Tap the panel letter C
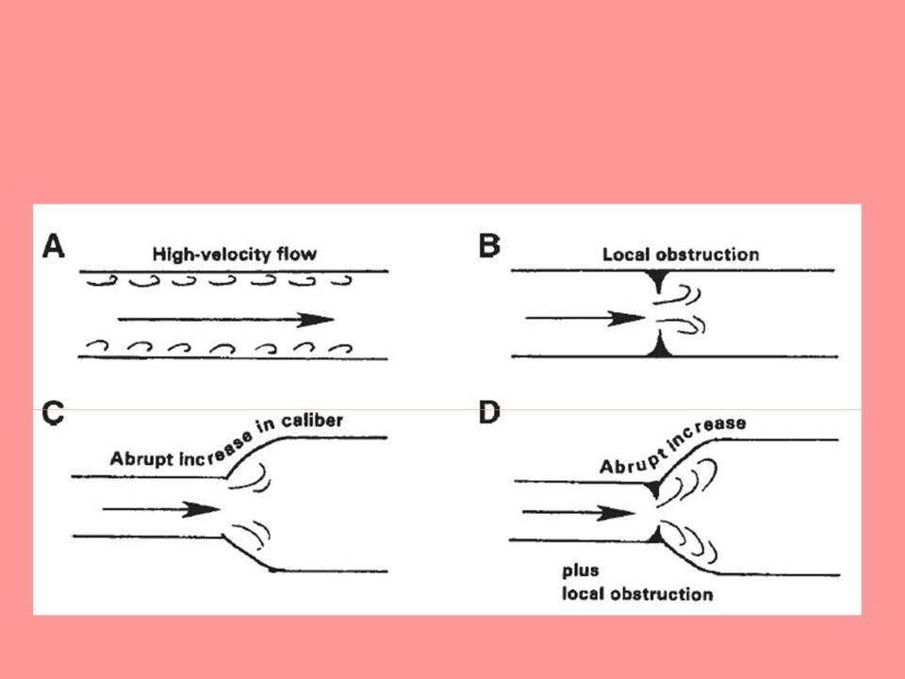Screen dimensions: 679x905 point(53,416)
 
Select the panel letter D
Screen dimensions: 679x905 point(490,416)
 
